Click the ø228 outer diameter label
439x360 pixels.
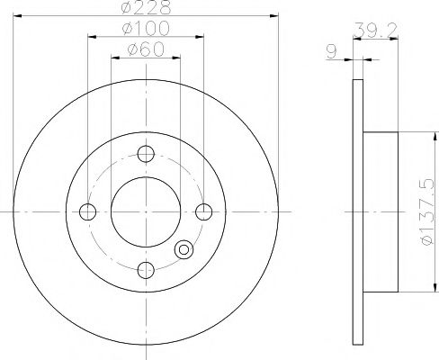(x=146, y=10)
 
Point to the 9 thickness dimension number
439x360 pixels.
(x=332, y=52)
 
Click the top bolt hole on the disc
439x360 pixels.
(x=146, y=154)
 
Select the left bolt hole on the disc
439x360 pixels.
(x=87, y=212)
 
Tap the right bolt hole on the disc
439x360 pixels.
(x=204, y=212)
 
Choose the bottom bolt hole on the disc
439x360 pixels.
(x=146, y=270)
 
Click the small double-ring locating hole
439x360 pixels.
(x=184, y=248)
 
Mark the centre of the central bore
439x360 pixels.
(x=146, y=212)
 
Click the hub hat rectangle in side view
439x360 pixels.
(x=380, y=212)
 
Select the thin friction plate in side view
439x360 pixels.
(x=356, y=212)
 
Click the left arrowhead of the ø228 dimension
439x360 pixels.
(x=16, y=18)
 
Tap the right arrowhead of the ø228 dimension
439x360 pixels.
(x=275, y=18)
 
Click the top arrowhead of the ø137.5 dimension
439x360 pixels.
(x=417, y=135)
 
